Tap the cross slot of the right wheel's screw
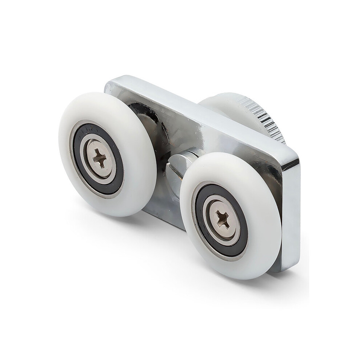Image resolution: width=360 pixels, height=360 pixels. [x=222, y=219]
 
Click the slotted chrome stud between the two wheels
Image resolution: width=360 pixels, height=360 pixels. [x=177, y=171]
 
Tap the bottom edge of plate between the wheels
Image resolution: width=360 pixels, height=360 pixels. [x=164, y=220]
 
